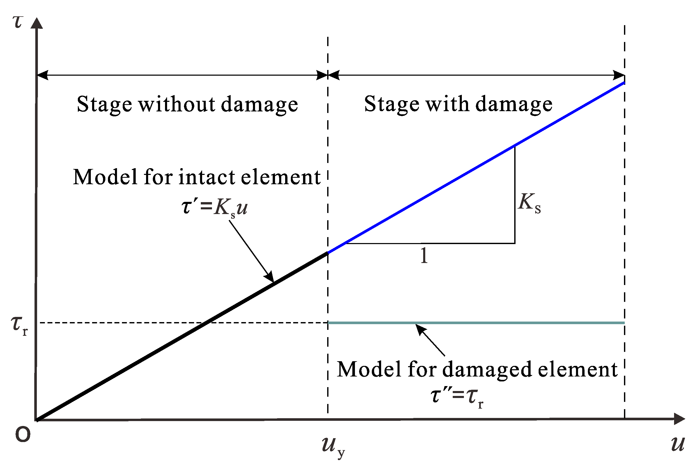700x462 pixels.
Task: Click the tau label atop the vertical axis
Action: [18, 22]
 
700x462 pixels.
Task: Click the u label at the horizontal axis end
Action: [678, 443]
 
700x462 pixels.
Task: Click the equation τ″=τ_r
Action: [457, 396]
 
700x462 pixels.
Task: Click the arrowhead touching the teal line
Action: [420, 329]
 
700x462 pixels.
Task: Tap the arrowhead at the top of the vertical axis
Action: [37, 24]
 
